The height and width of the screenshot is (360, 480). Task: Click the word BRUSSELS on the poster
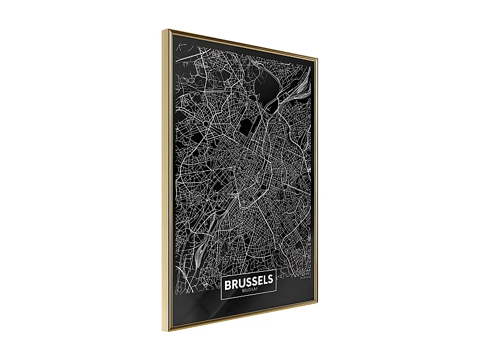[248, 281]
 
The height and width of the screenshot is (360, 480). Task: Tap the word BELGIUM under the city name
[248, 290]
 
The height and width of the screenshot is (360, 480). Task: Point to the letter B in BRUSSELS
[226, 281]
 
